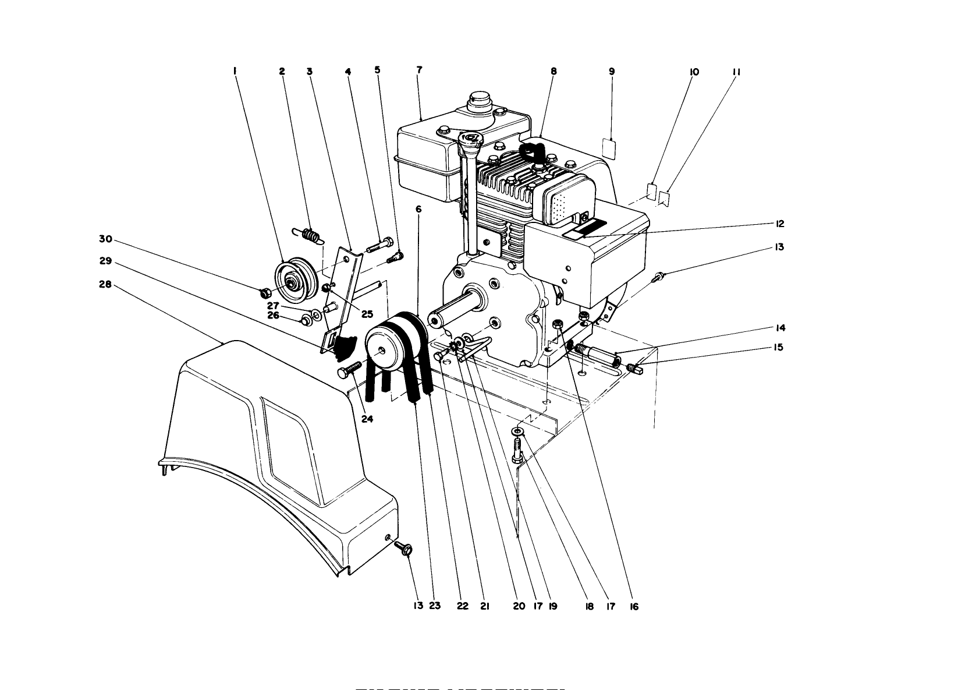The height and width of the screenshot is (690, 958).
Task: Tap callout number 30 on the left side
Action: (105, 239)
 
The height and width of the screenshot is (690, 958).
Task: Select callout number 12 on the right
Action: (779, 224)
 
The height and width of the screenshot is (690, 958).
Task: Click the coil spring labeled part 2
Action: (310, 236)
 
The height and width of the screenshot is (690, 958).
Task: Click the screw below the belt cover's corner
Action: (403, 547)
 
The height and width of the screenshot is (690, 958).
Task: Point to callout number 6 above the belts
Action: (418, 208)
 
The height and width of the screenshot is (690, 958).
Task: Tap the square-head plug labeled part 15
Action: (636, 368)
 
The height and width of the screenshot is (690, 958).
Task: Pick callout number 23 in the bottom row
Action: (435, 606)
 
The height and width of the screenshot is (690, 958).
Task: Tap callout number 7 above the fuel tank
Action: (419, 69)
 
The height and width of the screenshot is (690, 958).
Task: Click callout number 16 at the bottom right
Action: (634, 606)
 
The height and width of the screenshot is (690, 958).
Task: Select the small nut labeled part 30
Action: (262, 291)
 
